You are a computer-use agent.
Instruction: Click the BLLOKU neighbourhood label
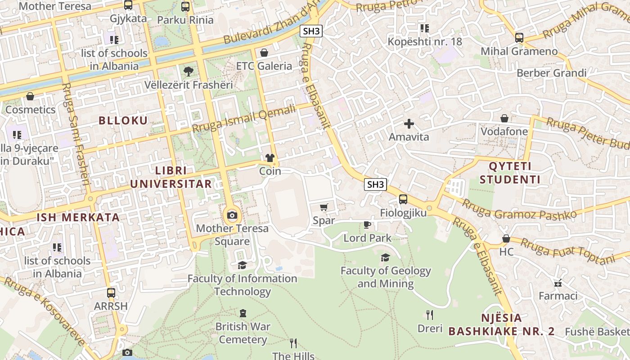coord(123,120)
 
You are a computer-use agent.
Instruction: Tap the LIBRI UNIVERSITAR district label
coord(171,177)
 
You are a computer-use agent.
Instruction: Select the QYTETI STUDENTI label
coord(510,173)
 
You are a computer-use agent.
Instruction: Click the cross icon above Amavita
coord(409,124)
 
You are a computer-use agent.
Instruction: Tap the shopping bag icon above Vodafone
coord(504,118)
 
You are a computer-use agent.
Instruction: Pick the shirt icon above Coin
coord(270,158)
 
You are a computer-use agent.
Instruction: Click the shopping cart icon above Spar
coord(324,207)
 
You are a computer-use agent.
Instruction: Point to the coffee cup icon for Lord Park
coord(367,225)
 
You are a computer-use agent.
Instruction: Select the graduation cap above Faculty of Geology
coord(385,257)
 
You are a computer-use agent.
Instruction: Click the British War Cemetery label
coord(243,333)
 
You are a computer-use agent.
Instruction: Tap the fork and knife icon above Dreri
coord(430,315)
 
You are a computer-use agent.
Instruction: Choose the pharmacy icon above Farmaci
coord(558,283)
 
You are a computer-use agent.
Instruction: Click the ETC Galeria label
coord(264,66)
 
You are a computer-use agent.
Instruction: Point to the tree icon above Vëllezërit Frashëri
coord(188,71)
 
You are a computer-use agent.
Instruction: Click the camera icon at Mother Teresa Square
coord(232,215)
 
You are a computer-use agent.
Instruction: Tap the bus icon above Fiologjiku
coord(403,199)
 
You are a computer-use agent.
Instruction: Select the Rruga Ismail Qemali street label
coord(244,118)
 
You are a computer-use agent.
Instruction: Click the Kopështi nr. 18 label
coord(425,42)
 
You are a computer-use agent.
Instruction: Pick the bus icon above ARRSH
coord(111,293)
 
